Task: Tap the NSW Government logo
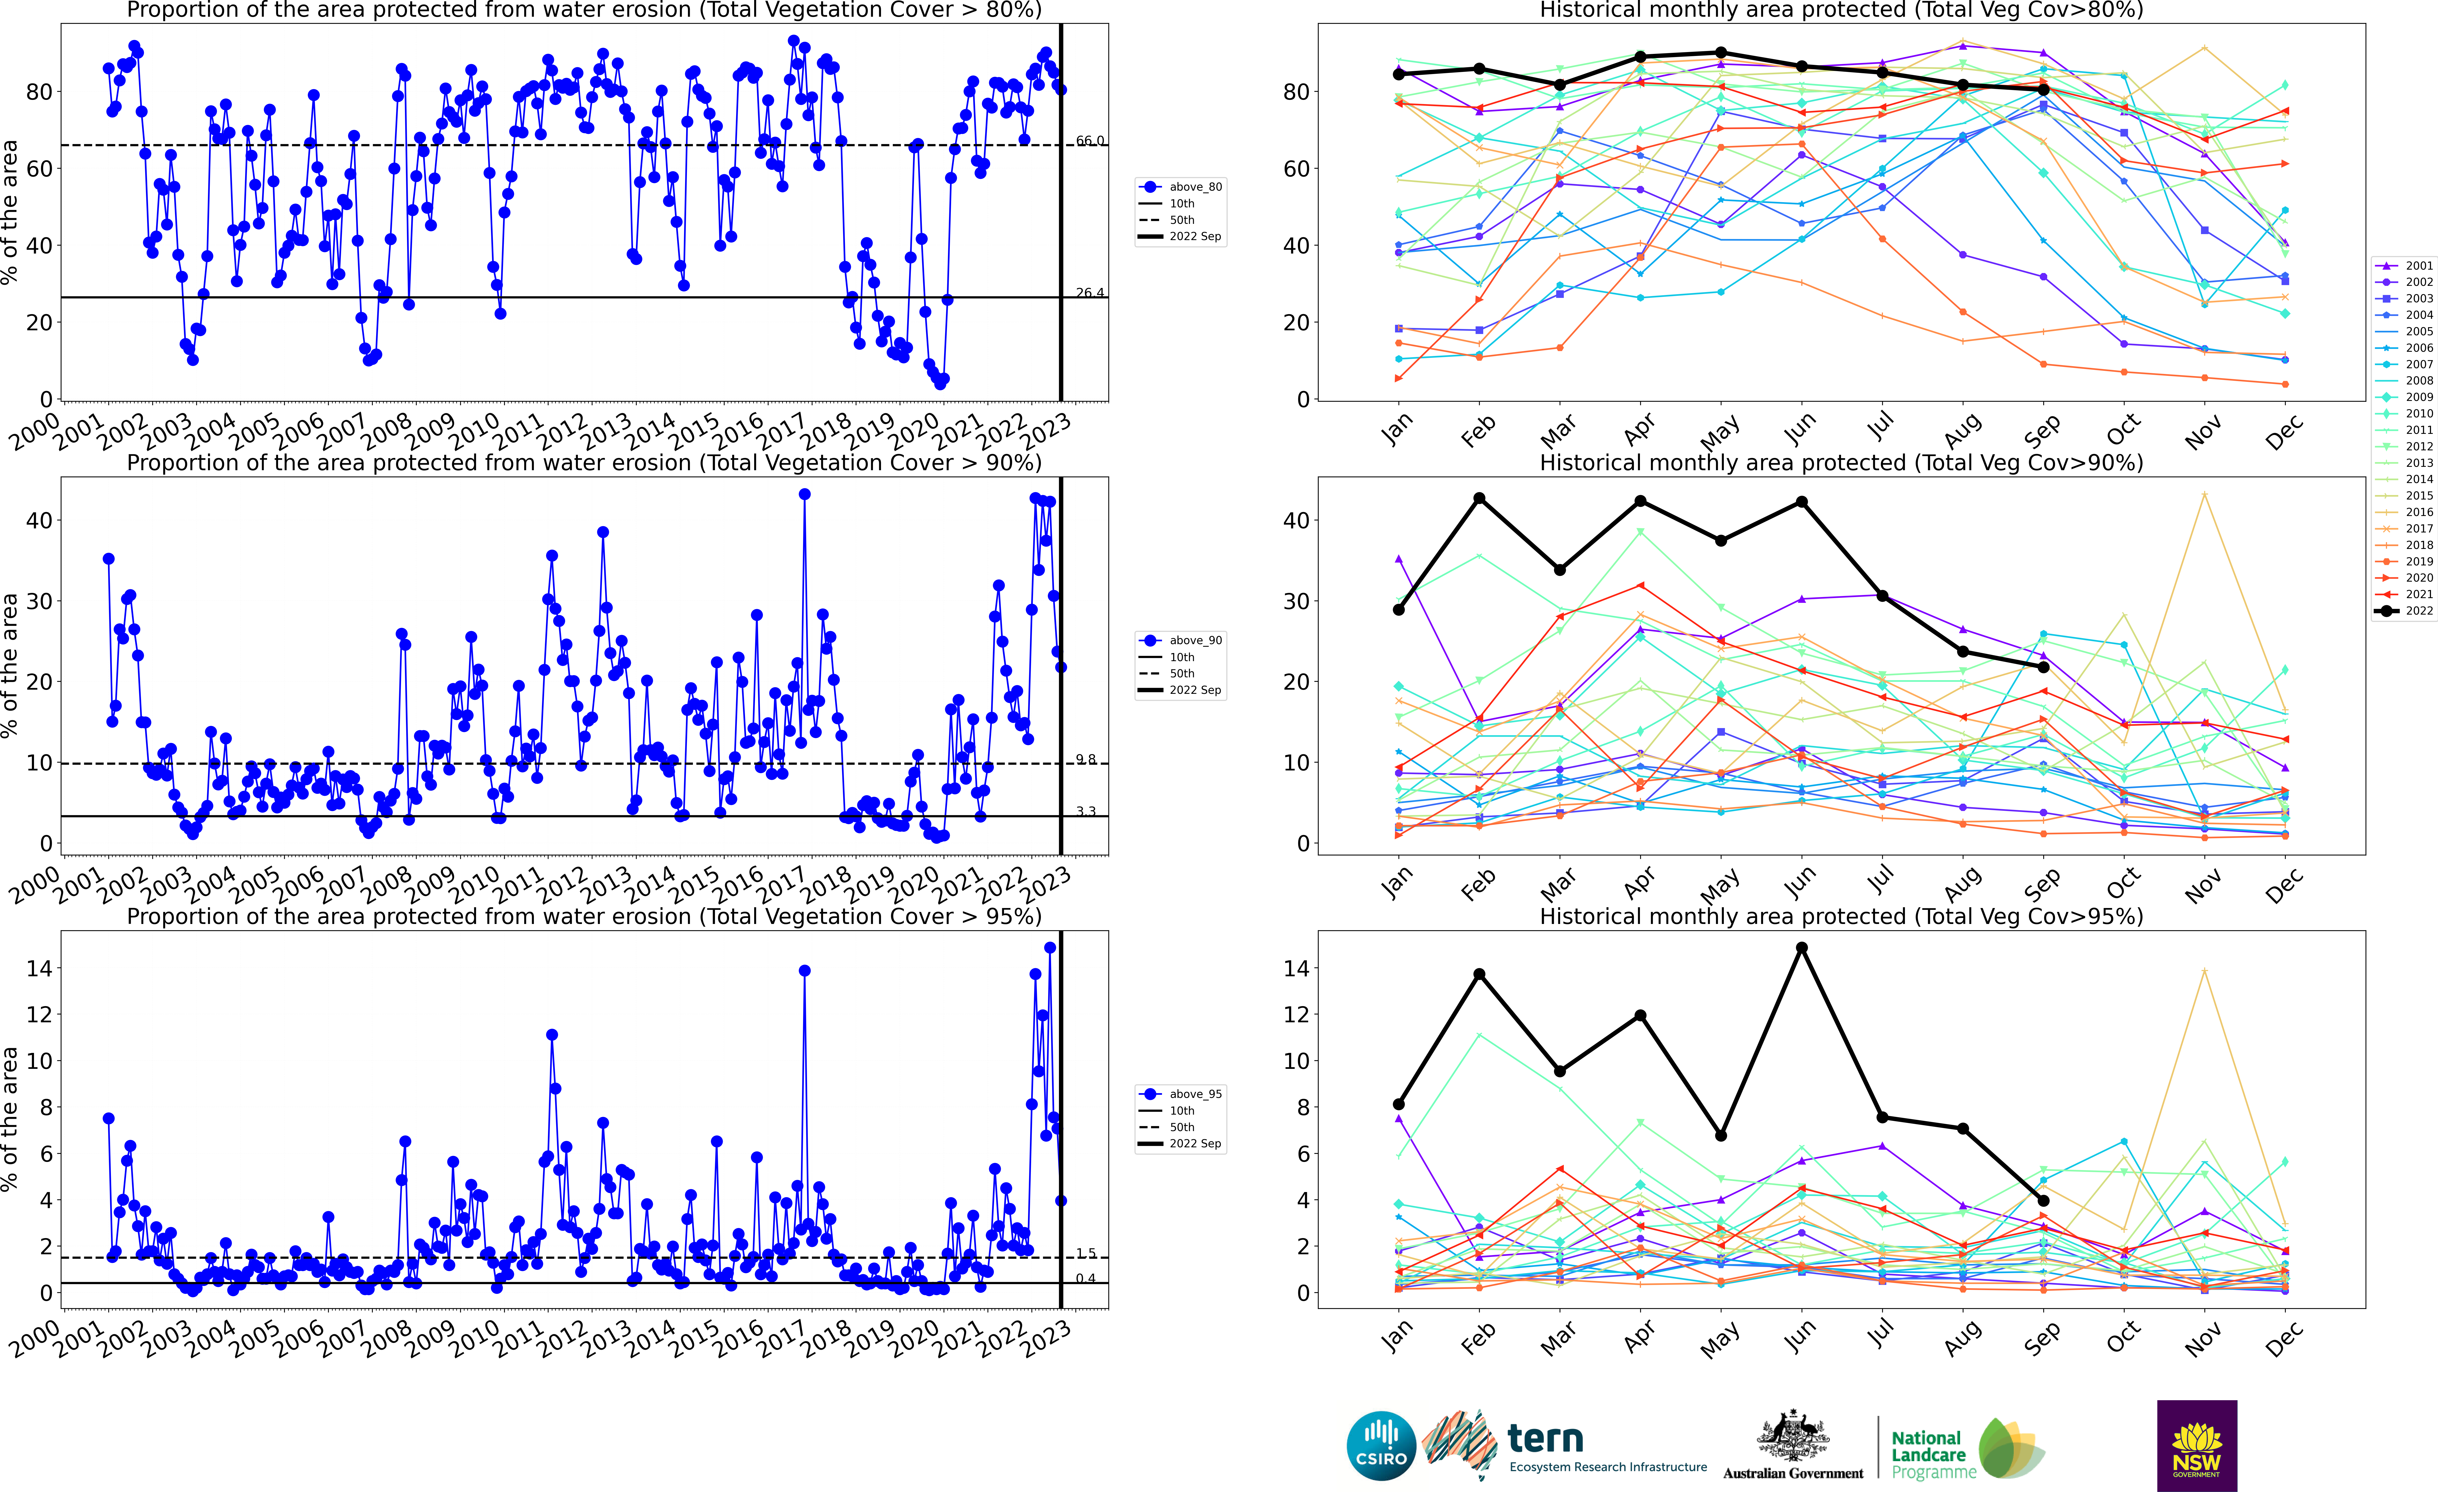point(2197,1444)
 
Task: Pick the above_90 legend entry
point(1182,640)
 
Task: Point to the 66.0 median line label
point(1089,140)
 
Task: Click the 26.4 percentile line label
point(1089,293)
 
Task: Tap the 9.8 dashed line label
point(1085,759)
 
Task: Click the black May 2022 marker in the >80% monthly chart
point(1721,53)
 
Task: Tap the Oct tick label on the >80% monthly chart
point(2122,431)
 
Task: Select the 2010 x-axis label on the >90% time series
point(473,883)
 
